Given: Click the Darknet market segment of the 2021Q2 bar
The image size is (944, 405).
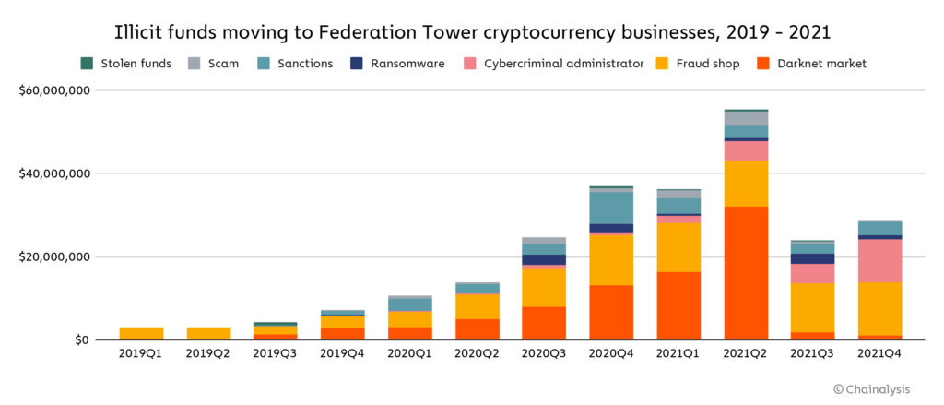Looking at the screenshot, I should click(746, 273).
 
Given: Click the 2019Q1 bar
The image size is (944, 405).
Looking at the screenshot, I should click(141, 332).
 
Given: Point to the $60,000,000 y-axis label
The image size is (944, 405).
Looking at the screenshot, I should click(53, 90).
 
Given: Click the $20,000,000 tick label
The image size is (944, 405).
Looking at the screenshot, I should click(53, 256).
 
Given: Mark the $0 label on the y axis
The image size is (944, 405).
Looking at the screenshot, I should click(80, 339).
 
